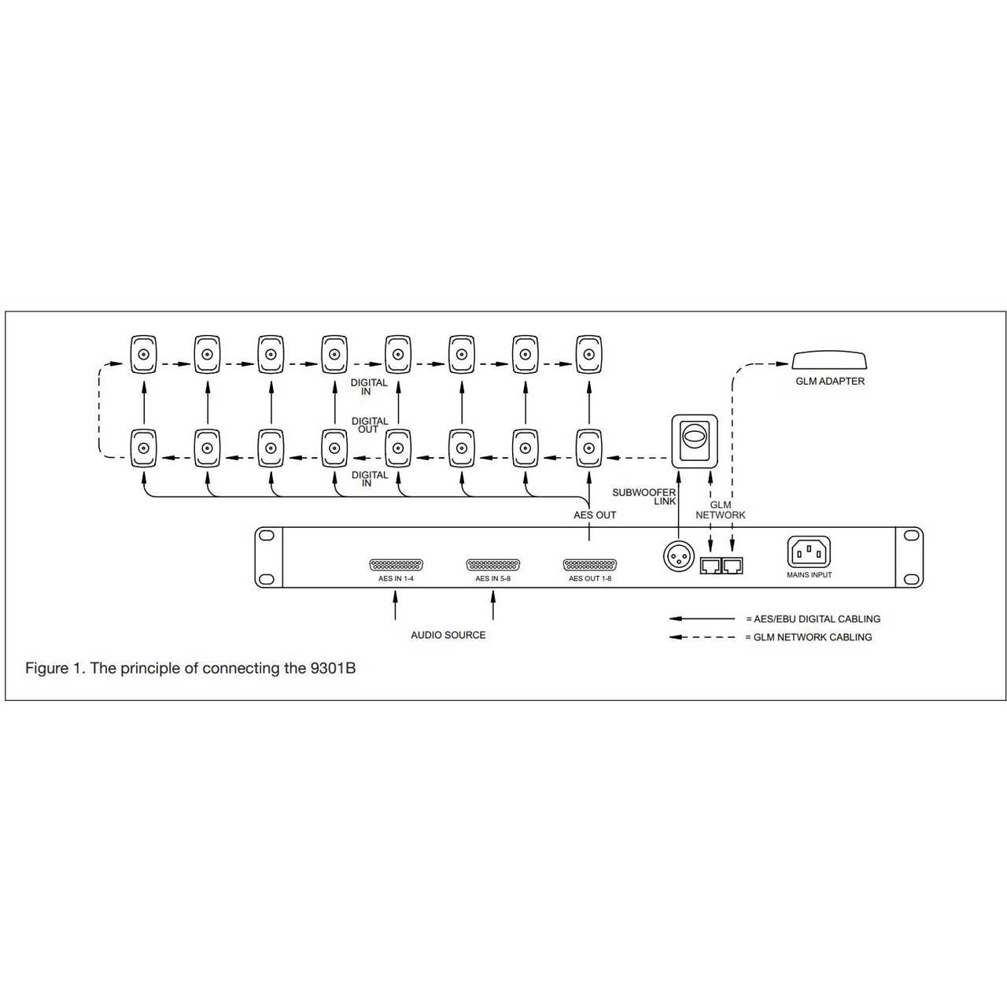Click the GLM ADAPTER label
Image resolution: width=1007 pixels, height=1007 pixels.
coord(829,382)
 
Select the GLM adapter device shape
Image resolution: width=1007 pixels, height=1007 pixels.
coord(829,360)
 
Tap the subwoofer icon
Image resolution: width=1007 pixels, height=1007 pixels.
coord(694,441)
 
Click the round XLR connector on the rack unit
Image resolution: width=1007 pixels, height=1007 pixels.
coord(678,555)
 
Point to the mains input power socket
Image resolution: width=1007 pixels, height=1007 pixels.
coord(809,551)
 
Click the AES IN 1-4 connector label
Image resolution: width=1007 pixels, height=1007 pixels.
coord(396,578)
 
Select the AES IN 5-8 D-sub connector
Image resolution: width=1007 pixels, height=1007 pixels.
coord(492,565)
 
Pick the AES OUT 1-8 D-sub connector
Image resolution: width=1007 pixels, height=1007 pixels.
coord(589,565)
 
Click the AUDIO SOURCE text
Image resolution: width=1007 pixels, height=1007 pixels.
coord(448,635)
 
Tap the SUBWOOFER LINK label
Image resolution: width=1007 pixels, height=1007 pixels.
coord(644,496)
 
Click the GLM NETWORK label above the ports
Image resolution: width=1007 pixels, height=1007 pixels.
coord(720,510)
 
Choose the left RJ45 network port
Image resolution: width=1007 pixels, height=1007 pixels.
coord(710,566)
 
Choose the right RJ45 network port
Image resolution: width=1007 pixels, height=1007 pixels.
coord(732,566)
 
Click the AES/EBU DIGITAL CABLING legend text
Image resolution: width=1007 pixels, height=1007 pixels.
coord(817,618)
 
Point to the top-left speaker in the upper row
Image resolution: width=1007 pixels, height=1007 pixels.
coord(143,354)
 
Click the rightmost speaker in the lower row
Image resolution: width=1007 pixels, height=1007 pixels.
coord(589,448)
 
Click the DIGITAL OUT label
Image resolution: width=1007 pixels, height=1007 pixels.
coord(370,425)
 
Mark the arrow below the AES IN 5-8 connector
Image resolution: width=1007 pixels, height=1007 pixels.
coord(492,605)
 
